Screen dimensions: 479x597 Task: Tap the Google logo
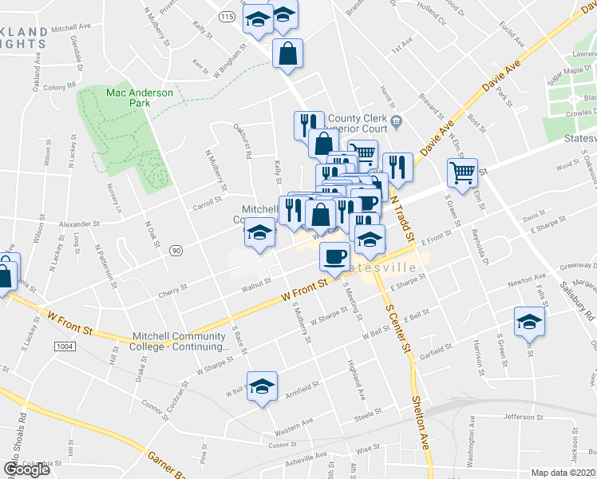pyautogui.click(x=27, y=469)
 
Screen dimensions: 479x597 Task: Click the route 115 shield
pyautogui.click(x=228, y=17)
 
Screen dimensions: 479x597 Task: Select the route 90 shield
pyautogui.click(x=176, y=251)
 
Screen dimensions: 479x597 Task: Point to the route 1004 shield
pyautogui.click(x=65, y=346)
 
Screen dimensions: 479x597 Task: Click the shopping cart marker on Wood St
pyautogui.click(x=463, y=172)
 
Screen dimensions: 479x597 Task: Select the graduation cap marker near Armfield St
pyautogui.click(x=262, y=386)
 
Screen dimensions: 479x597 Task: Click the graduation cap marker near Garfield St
pyautogui.click(x=528, y=321)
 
